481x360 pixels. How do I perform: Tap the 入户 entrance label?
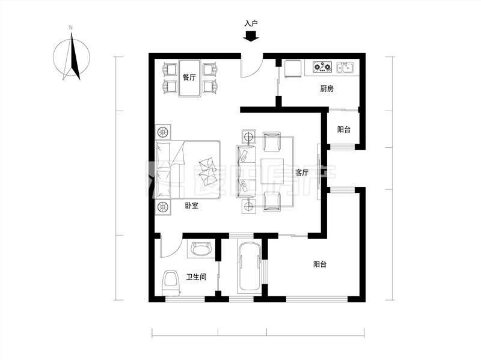[251, 23]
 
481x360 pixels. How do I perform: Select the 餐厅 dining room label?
[189, 78]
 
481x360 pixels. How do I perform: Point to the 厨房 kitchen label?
[326, 88]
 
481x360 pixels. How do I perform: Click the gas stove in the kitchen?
[322, 67]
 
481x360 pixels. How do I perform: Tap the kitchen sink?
[345, 67]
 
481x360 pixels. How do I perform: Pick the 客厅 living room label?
[302, 172]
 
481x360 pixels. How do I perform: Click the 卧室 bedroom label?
[191, 206]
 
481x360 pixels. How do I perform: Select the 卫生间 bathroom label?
[197, 277]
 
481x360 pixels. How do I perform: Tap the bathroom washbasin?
[201, 248]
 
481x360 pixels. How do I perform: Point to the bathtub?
[249, 267]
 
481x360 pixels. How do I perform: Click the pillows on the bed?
[207, 171]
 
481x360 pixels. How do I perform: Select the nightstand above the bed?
[163, 132]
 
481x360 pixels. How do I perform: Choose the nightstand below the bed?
[163, 207]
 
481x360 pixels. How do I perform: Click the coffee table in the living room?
[272, 171]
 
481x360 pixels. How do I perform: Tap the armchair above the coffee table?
[272, 142]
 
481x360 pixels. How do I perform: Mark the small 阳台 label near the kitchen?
[344, 129]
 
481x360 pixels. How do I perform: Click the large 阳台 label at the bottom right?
[320, 264]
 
